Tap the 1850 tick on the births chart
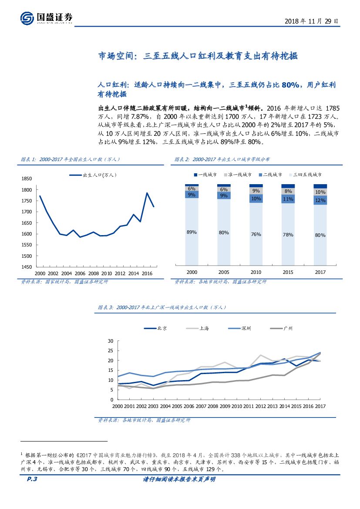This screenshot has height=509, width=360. point(27,179)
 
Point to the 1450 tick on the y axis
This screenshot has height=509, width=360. point(27,267)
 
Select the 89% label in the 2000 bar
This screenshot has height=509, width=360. point(192,233)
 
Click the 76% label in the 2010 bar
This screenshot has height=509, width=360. point(256,234)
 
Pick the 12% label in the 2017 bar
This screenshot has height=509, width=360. point(320,200)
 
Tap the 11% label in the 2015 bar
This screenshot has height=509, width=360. point(288,199)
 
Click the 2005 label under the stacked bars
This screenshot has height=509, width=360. point(224,272)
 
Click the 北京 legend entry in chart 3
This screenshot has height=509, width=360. point(155,328)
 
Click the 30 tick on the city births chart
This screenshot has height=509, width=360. point(110,341)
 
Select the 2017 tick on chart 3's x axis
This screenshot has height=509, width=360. point(320,406)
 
